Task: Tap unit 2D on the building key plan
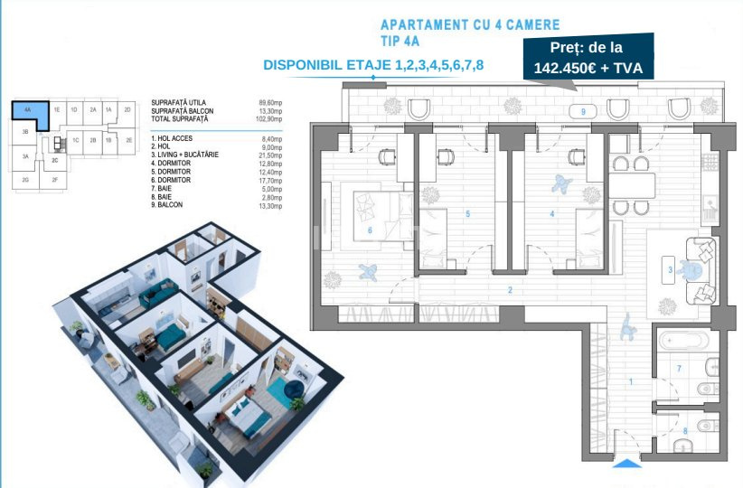click(128, 109)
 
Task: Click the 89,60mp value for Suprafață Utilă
click(269, 105)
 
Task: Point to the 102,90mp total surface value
click(268, 119)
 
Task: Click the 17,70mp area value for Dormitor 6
click(269, 181)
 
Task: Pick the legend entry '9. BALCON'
click(168, 205)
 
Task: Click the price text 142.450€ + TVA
click(587, 65)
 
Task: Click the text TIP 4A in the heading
click(403, 41)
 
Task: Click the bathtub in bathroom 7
click(683, 342)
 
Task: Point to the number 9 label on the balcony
click(583, 111)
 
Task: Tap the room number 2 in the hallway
click(510, 290)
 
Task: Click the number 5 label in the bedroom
click(466, 214)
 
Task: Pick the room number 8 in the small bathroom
click(684, 431)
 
